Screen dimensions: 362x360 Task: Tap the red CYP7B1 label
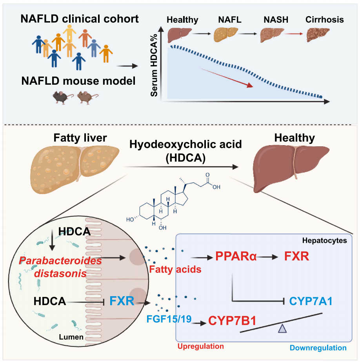pyautogui.click(x=233, y=321)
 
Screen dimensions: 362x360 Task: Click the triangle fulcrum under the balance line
pyautogui.click(x=282, y=329)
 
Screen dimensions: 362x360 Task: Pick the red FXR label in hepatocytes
pyautogui.click(x=297, y=257)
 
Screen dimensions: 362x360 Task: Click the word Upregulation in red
pyautogui.click(x=201, y=346)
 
